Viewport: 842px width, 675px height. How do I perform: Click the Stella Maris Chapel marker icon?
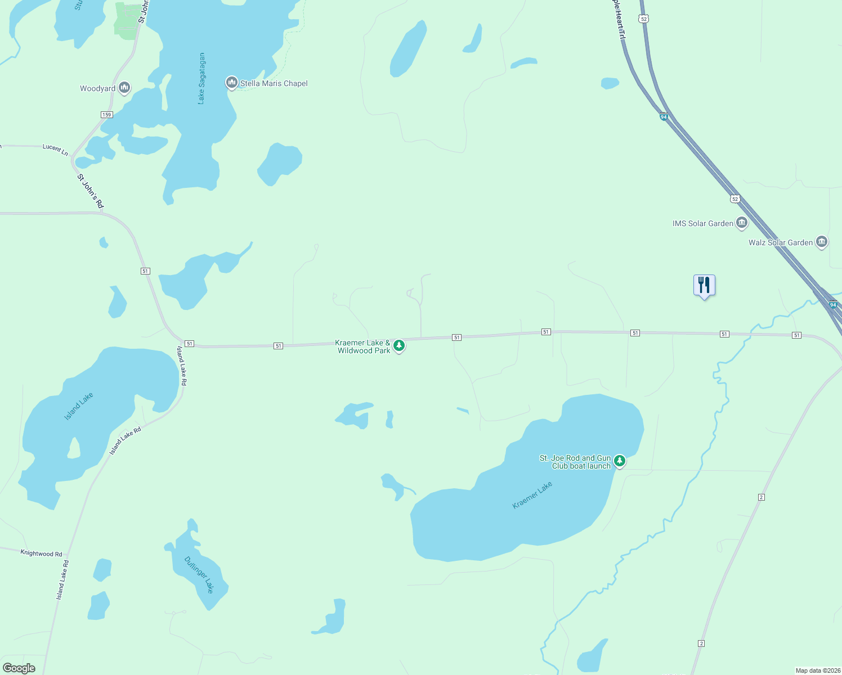(231, 83)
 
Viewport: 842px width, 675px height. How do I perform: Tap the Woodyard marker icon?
(124, 88)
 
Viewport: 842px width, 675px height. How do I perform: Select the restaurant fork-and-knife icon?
(704, 285)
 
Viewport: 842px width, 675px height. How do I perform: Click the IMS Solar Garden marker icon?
(742, 223)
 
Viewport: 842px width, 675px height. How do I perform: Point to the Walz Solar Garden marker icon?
(821, 242)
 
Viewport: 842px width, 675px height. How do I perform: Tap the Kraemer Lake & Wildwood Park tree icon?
(399, 345)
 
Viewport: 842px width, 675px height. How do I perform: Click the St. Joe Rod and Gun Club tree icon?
(620, 461)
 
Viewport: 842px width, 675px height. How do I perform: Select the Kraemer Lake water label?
(532, 496)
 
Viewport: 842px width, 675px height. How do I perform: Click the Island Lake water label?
(79, 406)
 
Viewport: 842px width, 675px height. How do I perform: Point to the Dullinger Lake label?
(199, 574)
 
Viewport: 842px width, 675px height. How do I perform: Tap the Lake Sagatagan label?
(201, 78)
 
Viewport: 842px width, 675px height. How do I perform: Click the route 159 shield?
(107, 115)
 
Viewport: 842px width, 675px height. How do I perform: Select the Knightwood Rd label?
(41, 553)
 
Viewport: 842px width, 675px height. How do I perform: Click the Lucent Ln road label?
(55, 149)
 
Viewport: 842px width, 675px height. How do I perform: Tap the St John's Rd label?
(91, 191)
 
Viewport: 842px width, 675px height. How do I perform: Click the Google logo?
(19, 668)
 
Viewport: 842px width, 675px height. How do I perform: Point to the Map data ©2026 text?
(817, 670)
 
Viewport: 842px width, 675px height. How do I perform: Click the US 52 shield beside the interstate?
(735, 199)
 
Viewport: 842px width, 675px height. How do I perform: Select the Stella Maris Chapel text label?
(274, 83)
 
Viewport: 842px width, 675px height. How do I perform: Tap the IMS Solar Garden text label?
(703, 223)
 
